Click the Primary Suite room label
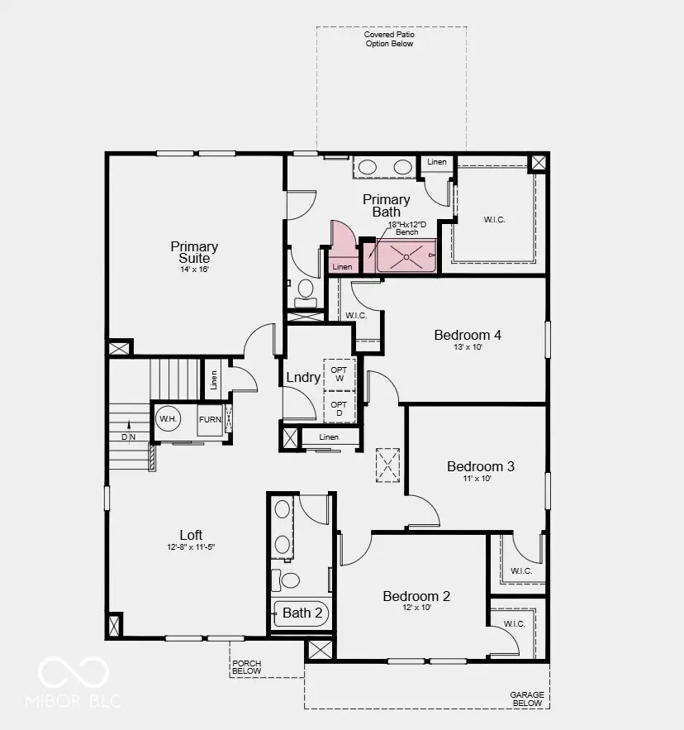195,252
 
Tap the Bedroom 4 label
468,335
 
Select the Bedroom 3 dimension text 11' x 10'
481,479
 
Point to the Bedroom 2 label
416,596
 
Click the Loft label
191,535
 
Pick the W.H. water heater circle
169,419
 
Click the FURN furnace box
210,420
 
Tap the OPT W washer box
339,375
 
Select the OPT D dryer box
339,408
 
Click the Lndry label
303,377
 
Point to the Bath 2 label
302,613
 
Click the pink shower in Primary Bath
406,256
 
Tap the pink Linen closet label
342,266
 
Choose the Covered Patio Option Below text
390,39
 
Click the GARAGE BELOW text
526,699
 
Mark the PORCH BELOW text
247,667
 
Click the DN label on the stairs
128,437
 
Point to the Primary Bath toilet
305,289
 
